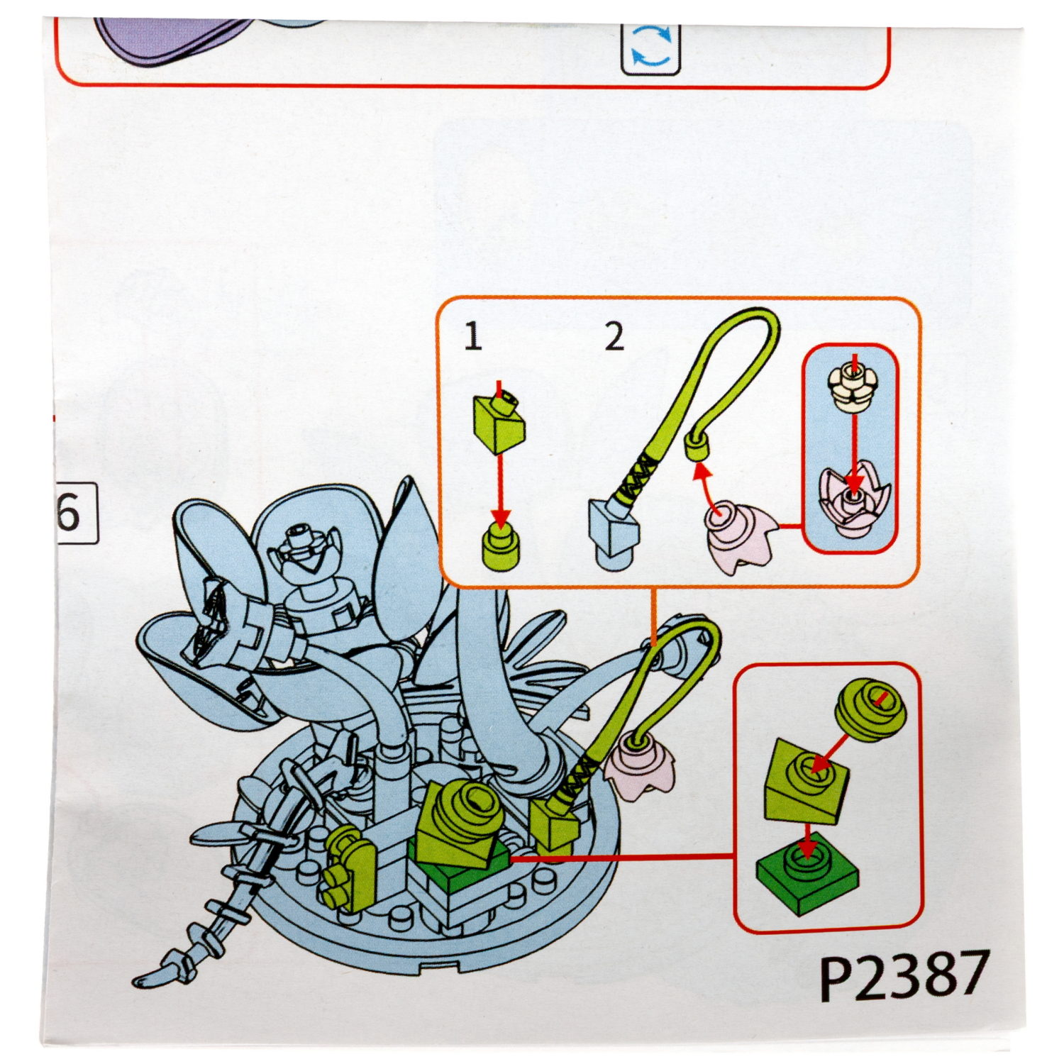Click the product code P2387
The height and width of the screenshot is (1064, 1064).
click(x=903, y=975)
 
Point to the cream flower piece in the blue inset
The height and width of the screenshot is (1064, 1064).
click(x=854, y=384)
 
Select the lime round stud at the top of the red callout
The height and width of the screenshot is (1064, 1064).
click(x=871, y=710)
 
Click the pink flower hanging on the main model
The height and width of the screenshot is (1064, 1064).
click(x=640, y=768)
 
